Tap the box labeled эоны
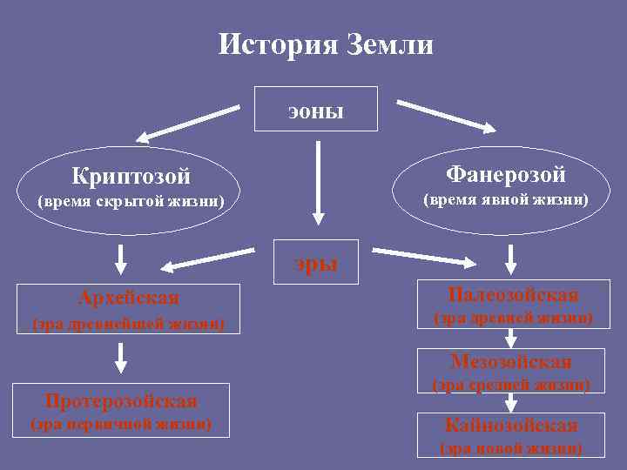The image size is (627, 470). point(315,109)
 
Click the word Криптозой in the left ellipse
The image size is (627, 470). point(131,177)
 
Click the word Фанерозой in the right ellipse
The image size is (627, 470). point(506,175)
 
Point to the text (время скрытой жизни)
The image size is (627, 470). point(131,203)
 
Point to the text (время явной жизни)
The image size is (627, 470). point(506,200)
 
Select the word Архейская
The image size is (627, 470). point(129,299)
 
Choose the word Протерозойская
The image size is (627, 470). point(121,401)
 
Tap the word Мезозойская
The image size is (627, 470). point(511,361)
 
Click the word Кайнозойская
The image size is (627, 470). point(511,426)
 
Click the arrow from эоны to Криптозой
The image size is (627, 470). point(187,123)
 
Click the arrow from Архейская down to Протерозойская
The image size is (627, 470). point(121,357)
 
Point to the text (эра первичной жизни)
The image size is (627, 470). point(121,425)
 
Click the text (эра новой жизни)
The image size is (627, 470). point(511,449)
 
